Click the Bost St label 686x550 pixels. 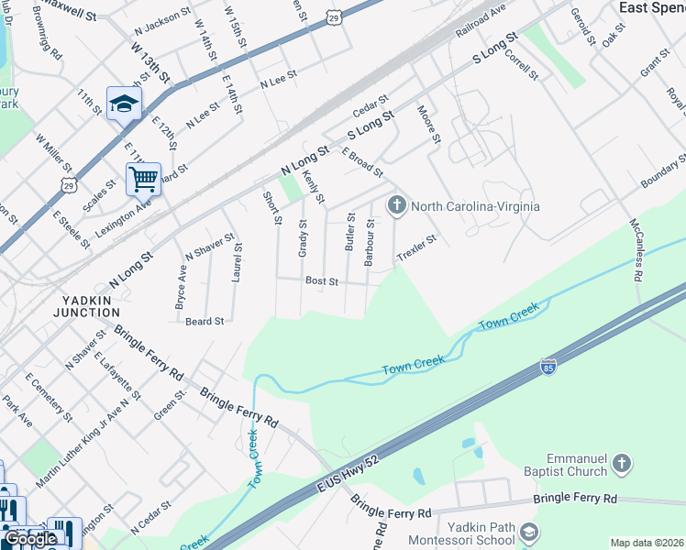(322, 280)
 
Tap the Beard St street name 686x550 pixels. (205, 322)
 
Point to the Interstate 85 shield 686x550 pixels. (548, 366)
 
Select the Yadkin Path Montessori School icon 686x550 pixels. (529, 533)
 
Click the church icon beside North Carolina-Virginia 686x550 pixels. (396, 203)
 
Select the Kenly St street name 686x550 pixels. (314, 186)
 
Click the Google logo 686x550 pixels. (30, 539)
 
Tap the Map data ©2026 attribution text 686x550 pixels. (647, 543)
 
